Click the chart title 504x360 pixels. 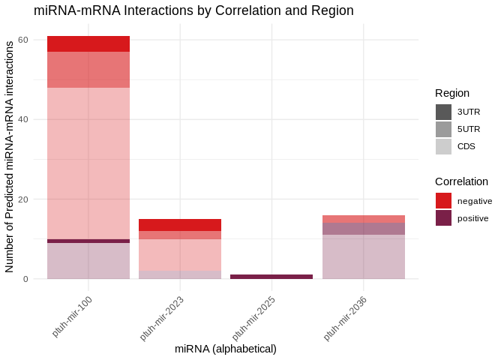(x=193, y=10)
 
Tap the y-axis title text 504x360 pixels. (x=10, y=157)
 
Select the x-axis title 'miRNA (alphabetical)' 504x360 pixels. (x=226, y=349)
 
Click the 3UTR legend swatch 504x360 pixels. (x=443, y=112)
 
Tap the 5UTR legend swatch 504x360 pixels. (x=443, y=129)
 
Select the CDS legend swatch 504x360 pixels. (x=443, y=146)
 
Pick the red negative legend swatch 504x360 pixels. (x=443, y=200)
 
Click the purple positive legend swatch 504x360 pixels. (x=443, y=217)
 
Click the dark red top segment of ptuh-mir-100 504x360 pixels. (x=88, y=43)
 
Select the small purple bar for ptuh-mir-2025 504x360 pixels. (x=271, y=277)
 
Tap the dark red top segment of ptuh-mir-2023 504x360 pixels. (x=180, y=225)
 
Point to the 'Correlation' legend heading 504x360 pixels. (x=461, y=181)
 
